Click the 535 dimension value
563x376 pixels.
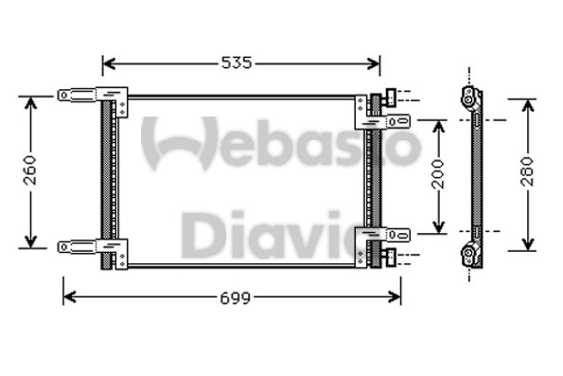click(237, 63)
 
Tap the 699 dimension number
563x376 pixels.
click(236, 297)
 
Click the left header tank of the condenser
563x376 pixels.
click(107, 180)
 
